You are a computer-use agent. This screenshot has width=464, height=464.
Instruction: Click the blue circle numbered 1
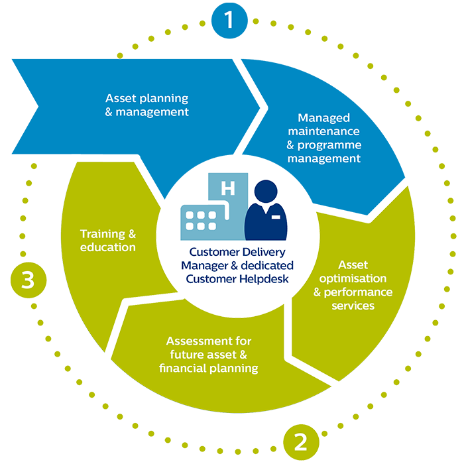[x=229, y=20]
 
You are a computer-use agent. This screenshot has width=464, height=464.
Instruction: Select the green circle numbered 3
[x=27, y=280]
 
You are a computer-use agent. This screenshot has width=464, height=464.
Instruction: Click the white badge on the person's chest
[x=274, y=217]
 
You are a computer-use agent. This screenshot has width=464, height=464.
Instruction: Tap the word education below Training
[x=108, y=247]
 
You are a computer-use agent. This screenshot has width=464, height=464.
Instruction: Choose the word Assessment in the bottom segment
[x=199, y=341]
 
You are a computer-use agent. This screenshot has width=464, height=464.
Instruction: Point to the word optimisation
[x=344, y=278]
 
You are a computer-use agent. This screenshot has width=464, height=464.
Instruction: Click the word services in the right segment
[x=353, y=306]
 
